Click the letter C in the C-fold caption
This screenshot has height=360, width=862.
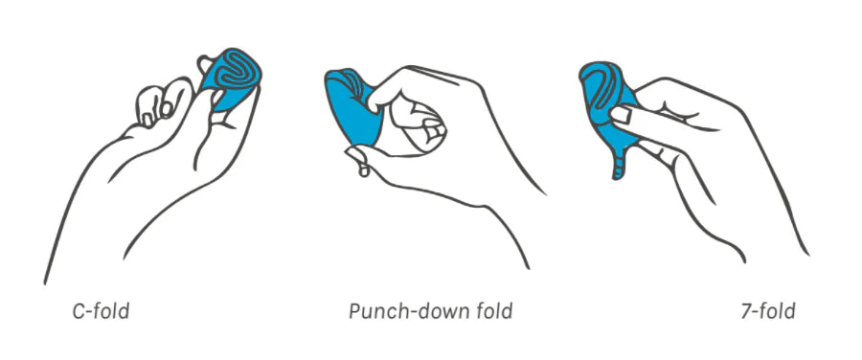coord(79,311)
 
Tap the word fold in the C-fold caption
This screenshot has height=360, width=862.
coord(112,311)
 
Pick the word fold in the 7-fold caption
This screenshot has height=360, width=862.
coord(778,311)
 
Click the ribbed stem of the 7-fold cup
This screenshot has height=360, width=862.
coord(618,162)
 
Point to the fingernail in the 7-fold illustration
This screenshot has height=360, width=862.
coord(620,115)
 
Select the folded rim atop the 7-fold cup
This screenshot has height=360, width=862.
coord(602,82)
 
